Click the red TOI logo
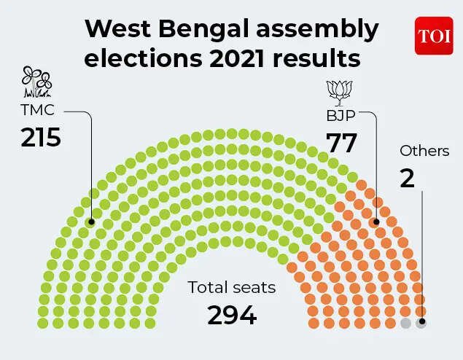(434, 35)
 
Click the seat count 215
(41, 138)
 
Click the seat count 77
(342, 141)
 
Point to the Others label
(424, 152)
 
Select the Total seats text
(232, 287)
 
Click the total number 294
(232, 315)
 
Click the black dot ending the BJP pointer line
(376, 222)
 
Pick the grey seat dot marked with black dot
(421, 322)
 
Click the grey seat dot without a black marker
(405, 322)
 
